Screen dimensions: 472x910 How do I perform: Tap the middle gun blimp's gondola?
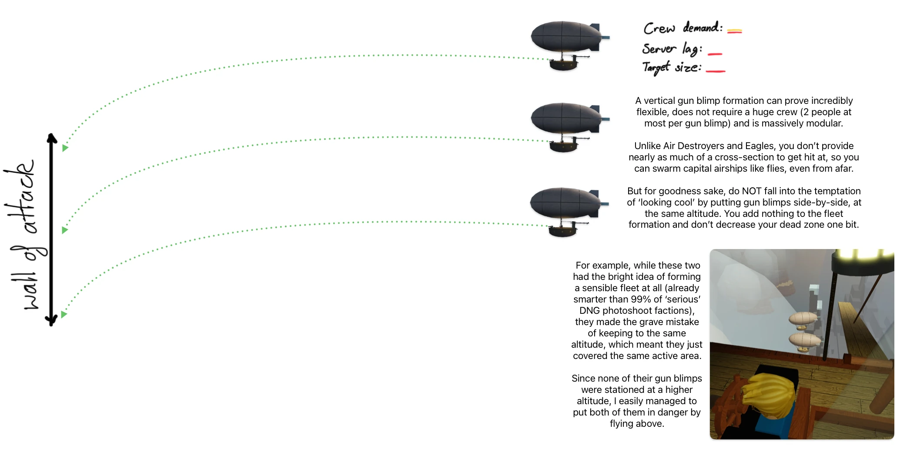tap(564, 146)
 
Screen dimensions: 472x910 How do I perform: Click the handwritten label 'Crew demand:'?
tap(682, 28)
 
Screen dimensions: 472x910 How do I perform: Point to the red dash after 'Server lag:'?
tap(715, 54)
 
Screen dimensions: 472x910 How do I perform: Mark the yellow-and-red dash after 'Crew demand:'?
tap(734, 31)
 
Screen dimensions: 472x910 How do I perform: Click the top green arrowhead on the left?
tap(65, 148)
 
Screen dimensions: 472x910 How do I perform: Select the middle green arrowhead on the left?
tap(65, 230)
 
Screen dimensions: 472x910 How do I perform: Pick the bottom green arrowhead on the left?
tap(64, 314)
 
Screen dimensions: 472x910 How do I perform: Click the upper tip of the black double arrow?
tap(52, 136)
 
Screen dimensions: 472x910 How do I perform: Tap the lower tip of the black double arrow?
tap(51, 323)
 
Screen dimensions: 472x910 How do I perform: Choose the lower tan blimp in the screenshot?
tap(804, 340)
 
